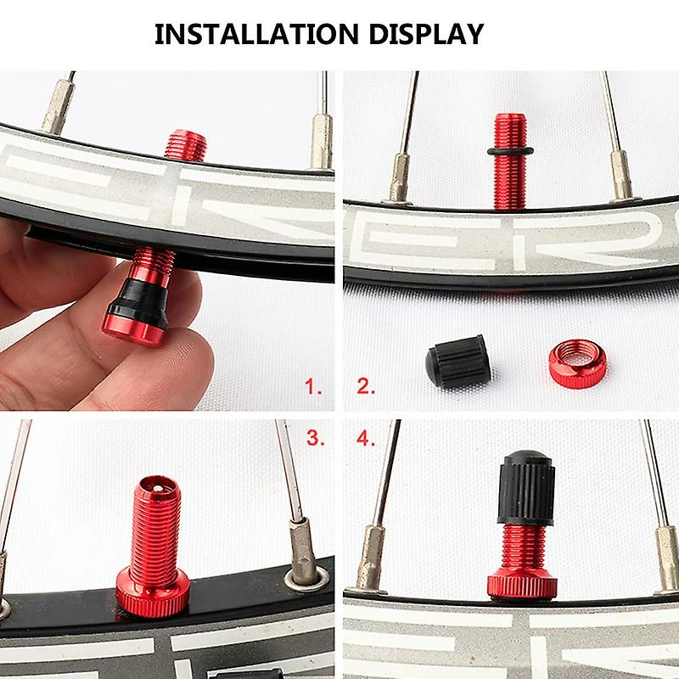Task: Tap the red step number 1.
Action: (x=314, y=388)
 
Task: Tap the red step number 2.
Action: (x=366, y=388)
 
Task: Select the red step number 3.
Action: (x=315, y=439)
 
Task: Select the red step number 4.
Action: (x=366, y=439)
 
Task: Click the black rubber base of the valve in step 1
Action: (x=137, y=294)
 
